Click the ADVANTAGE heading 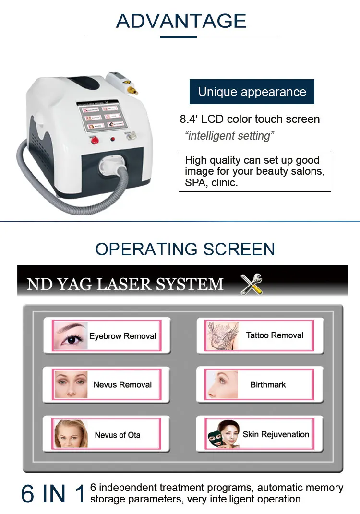[x=181, y=21]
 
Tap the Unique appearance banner [x=252, y=92]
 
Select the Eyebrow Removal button [x=107, y=335]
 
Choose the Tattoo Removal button [x=260, y=335]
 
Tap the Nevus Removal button [x=107, y=384]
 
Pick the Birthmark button [x=260, y=384]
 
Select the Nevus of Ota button [x=107, y=434]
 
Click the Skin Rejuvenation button [x=260, y=434]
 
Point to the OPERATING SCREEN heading [x=185, y=249]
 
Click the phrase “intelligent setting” [x=229, y=136]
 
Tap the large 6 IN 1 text [x=53, y=493]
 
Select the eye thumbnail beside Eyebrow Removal [x=70, y=335]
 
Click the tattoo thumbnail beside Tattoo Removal [x=222, y=335]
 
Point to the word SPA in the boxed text [x=195, y=183]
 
